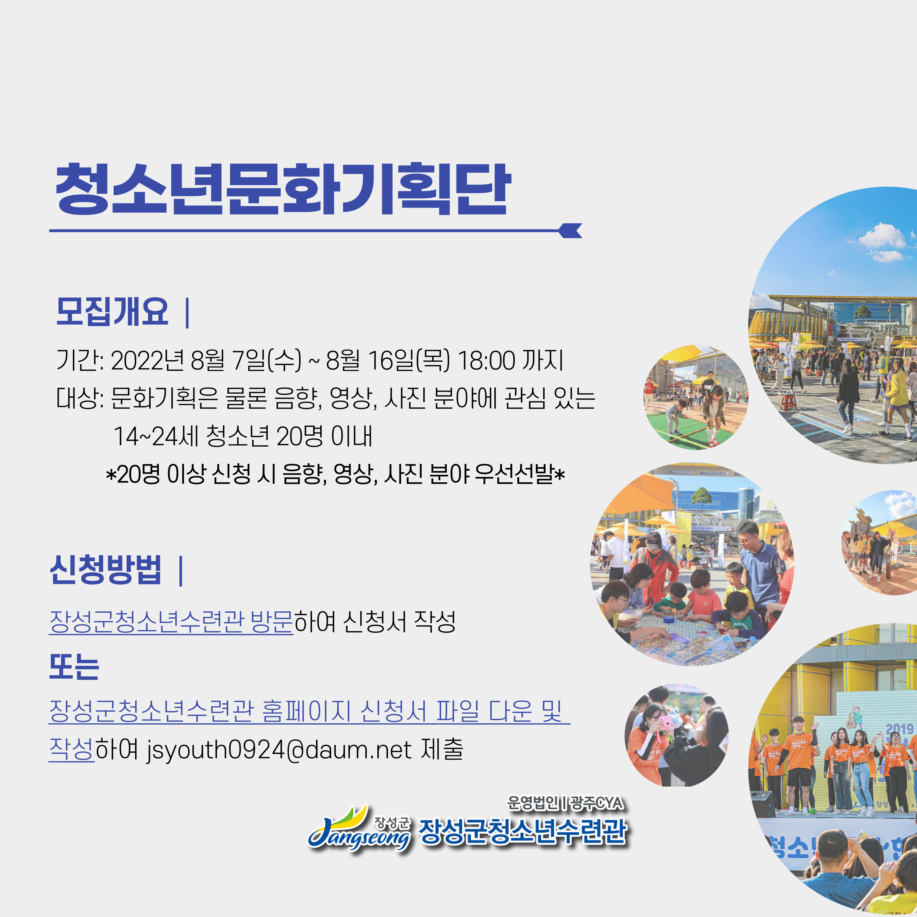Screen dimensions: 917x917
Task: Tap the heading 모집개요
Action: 112,312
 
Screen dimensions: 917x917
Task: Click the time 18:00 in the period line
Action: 486,360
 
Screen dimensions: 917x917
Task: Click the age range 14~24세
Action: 156,436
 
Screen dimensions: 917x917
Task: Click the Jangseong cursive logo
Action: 359,828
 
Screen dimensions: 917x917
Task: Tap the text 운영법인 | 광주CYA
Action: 565,803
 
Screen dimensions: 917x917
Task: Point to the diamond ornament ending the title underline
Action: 570,230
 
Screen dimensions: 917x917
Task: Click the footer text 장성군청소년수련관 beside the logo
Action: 523,831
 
